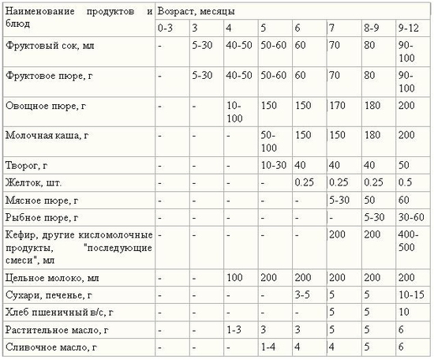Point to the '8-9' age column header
372,28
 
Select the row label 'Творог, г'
27,166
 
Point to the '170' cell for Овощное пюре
338,105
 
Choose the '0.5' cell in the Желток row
405,183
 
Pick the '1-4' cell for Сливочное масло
268,347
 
